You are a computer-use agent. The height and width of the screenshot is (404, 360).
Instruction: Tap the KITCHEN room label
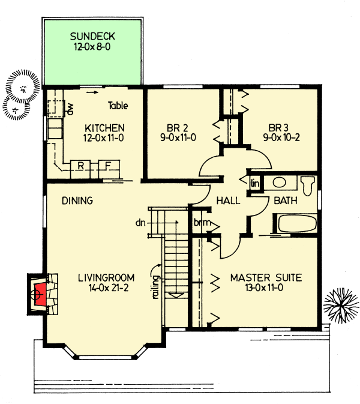104,128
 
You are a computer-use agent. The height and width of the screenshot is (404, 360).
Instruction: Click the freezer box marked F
108,166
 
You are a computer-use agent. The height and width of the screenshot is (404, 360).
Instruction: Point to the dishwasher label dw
70,109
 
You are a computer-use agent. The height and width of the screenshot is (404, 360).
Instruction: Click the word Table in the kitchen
118,106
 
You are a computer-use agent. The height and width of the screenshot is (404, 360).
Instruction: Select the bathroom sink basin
280,182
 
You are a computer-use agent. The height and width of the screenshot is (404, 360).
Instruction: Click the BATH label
286,201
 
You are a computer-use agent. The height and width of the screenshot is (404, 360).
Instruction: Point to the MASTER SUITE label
266,278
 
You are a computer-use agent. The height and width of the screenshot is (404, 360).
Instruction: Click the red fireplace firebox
40,294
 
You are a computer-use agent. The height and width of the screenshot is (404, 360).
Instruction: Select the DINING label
77,201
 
